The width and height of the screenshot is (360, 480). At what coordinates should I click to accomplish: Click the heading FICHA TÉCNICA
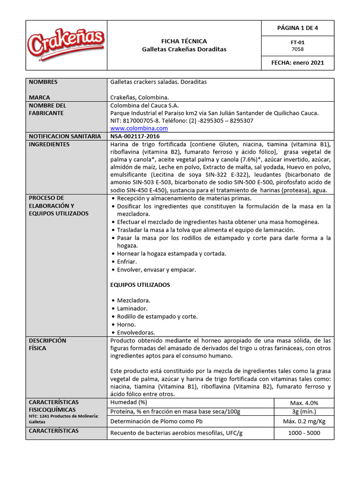(x=184, y=41)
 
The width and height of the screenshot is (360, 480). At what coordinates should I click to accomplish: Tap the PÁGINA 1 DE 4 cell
(x=297, y=28)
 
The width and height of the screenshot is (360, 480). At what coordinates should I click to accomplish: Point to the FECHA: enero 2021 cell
(x=297, y=63)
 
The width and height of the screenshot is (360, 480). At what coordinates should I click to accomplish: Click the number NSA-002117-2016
(x=135, y=136)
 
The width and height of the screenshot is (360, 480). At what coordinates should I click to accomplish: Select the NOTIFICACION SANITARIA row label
(x=65, y=136)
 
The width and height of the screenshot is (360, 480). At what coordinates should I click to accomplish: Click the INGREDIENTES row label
(x=49, y=144)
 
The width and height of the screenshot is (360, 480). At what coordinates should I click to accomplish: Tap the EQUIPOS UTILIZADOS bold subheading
(x=140, y=285)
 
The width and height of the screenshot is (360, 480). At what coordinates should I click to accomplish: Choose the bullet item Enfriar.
(x=127, y=262)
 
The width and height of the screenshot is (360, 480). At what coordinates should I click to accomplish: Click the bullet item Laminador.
(x=132, y=308)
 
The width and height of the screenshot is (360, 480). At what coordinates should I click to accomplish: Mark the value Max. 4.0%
(x=304, y=403)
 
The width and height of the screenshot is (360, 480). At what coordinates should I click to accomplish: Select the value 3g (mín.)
(x=304, y=412)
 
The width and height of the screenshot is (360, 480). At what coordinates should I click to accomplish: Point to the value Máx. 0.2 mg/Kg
(x=304, y=421)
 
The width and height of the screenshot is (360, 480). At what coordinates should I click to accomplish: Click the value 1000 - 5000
(x=304, y=433)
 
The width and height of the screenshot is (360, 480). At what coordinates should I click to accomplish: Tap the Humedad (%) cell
(x=128, y=403)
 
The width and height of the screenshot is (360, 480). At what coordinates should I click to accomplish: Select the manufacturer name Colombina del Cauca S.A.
(x=144, y=105)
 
